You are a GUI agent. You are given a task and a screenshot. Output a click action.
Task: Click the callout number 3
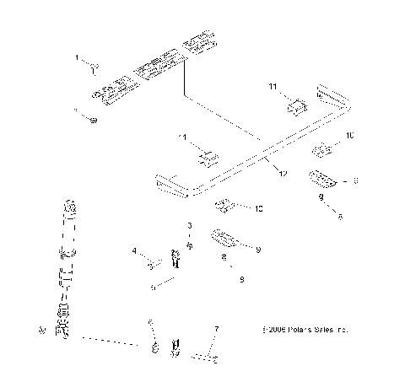click(x=190, y=226)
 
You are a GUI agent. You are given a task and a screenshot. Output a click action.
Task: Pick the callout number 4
click(x=134, y=250)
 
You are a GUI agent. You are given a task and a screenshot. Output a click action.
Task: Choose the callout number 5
click(x=152, y=287)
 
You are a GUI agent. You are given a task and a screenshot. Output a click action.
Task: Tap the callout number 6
click(x=150, y=323)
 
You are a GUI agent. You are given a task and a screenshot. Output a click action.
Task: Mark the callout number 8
click(x=355, y=180)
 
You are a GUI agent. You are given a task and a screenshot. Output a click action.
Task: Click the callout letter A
click(x=340, y=216)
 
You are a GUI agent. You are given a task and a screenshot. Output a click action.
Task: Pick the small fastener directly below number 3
click(x=191, y=245)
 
